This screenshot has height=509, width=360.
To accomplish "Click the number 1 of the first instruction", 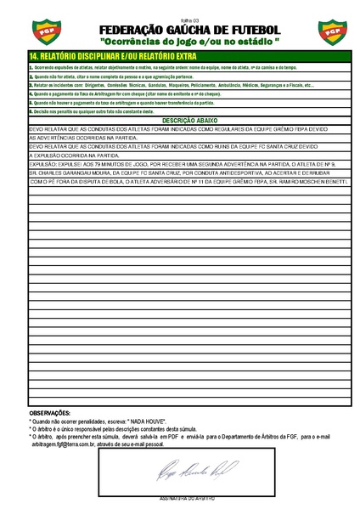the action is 31,65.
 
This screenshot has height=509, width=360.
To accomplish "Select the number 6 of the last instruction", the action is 31,111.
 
